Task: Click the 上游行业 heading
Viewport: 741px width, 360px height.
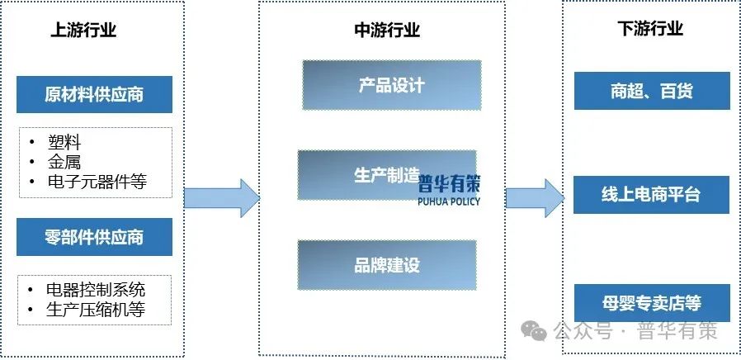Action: (83, 31)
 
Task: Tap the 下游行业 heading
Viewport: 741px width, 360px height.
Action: (650, 30)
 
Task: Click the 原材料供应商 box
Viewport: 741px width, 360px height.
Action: (94, 94)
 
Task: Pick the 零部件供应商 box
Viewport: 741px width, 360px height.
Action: (94, 237)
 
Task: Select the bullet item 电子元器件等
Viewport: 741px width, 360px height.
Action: (97, 182)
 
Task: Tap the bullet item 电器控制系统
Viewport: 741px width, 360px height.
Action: (97, 289)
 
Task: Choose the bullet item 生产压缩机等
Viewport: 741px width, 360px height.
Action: (97, 310)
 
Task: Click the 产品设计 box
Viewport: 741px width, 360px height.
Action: (391, 85)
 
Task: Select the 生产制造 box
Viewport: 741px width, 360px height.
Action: (386, 174)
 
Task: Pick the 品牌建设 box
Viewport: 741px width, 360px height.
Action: (387, 265)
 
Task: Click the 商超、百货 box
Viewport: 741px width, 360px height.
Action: (651, 91)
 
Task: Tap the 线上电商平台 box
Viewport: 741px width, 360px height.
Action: (651, 194)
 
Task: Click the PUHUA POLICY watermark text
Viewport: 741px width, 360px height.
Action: (449, 201)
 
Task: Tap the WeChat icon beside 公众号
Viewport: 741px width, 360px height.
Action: (538, 332)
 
